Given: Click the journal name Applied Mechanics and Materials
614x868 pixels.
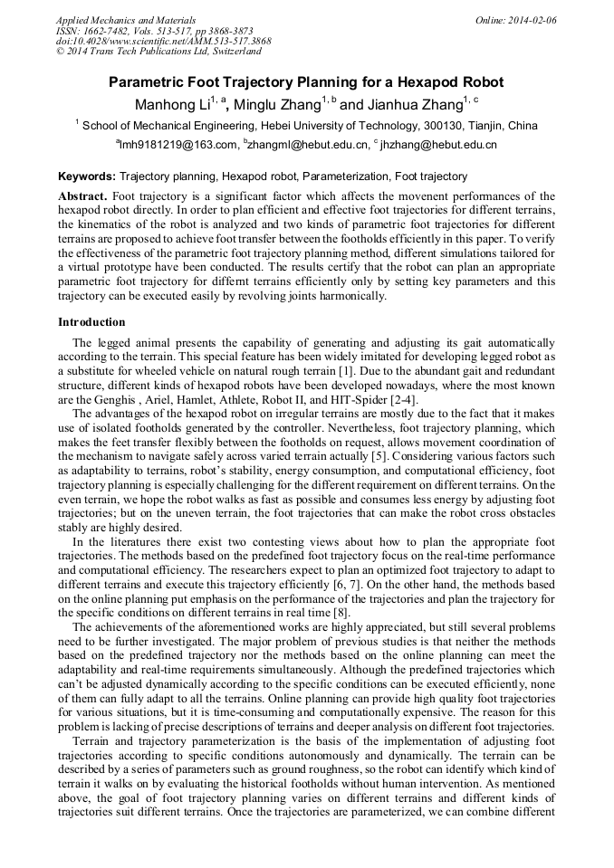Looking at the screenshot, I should (x=125, y=19).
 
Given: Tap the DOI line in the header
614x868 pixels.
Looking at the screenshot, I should (x=163, y=41).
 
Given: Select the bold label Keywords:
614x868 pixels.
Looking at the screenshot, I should (x=87, y=176).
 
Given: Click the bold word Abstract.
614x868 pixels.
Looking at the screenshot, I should (x=82, y=196).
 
